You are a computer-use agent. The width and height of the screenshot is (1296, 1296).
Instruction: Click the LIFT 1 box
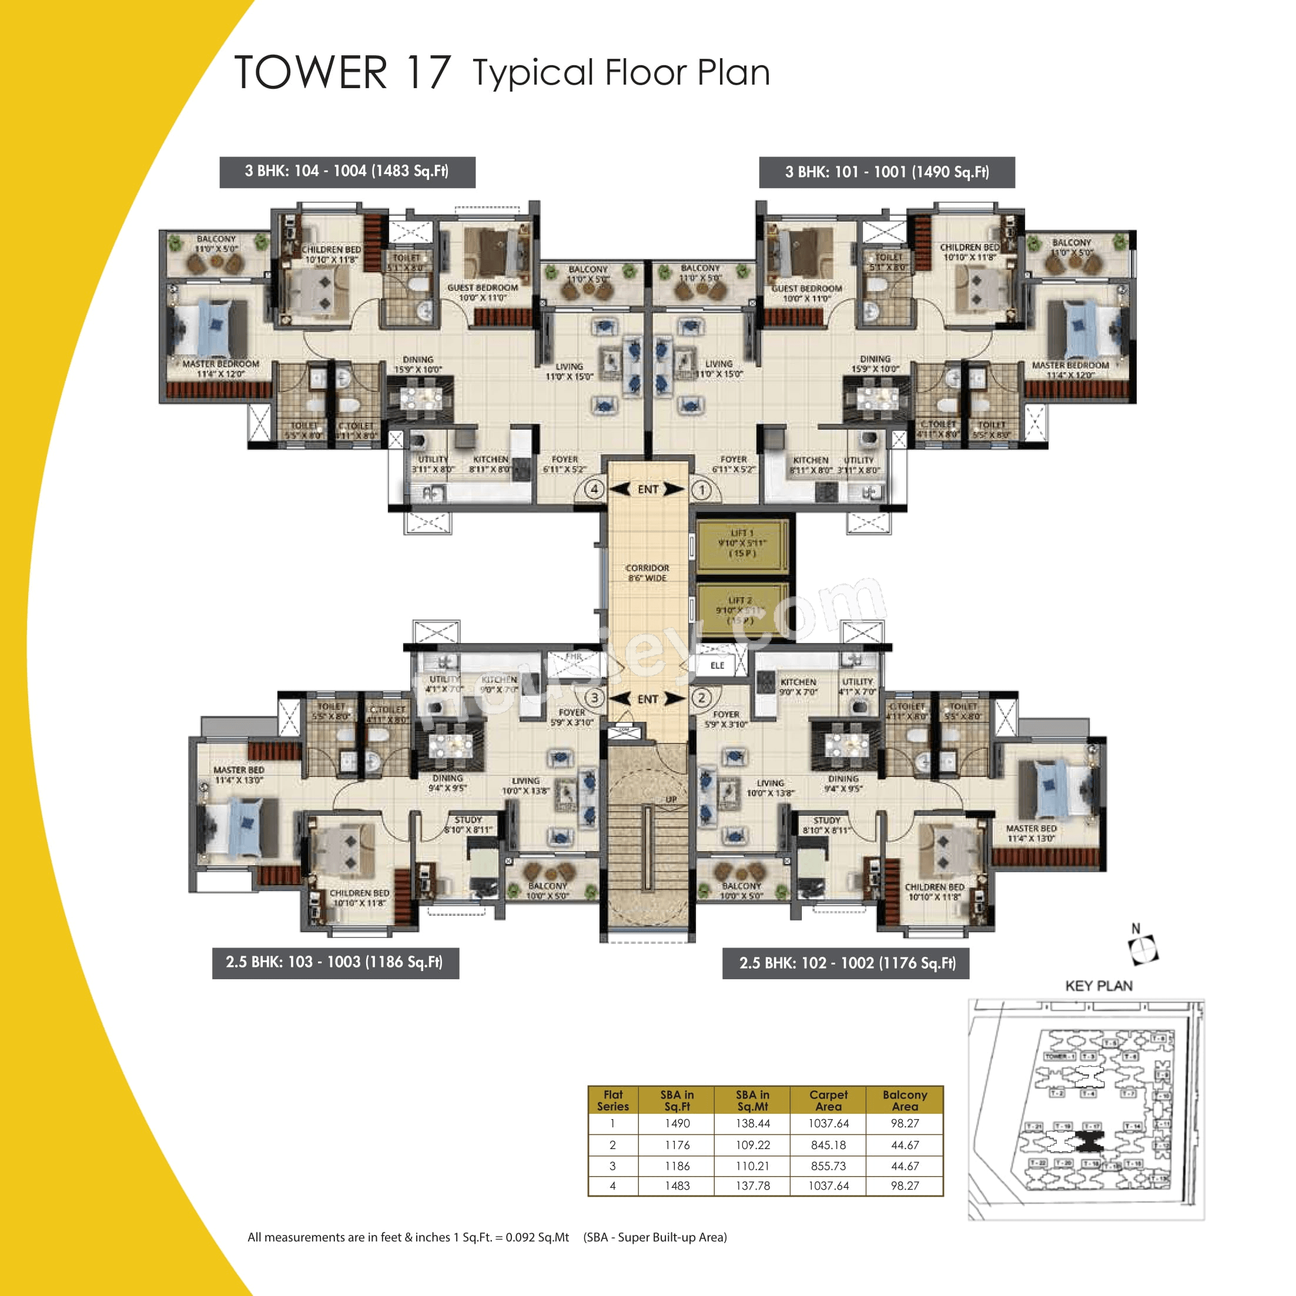point(741,543)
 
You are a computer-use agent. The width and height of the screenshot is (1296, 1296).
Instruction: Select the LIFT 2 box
point(741,611)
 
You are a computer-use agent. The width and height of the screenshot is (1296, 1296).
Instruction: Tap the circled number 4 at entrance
point(594,489)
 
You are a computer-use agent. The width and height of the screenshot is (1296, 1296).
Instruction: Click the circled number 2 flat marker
point(702,698)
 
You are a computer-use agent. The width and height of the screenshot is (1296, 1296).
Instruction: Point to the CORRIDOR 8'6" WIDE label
point(647,572)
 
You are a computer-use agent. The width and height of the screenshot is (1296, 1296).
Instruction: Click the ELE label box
point(717,665)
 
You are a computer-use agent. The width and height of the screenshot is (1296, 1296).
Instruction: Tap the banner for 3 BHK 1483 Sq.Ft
point(347,172)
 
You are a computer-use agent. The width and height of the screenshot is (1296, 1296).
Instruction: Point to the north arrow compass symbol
point(1143,950)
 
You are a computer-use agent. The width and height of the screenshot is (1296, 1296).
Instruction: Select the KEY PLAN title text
point(1099,986)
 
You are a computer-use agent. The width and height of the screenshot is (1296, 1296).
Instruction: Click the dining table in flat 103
point(450,745)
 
